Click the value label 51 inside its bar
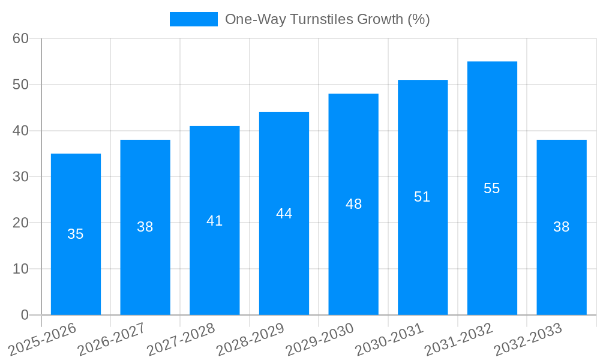pos(422,197)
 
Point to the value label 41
pos(214,221)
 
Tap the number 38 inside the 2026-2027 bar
pos(145,227)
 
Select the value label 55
pos(492,188)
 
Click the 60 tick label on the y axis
pos(21,38)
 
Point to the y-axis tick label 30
pos(21,177)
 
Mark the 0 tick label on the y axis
pos(25,315)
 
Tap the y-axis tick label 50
pos(21,85)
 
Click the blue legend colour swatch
pos(194,19)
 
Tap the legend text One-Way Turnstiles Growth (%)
pos(327,19)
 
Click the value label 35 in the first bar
pos(76,234)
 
